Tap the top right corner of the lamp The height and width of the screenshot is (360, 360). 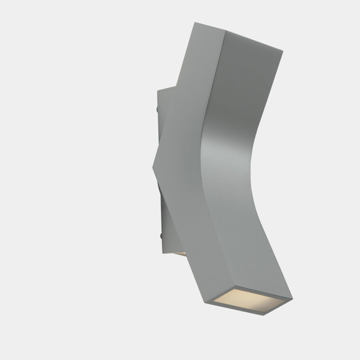click(282, 50)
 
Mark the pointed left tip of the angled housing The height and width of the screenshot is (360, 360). click(154, 166)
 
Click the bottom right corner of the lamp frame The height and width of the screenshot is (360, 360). click(292, 298)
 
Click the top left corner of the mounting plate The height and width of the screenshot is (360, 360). click(158, 92)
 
